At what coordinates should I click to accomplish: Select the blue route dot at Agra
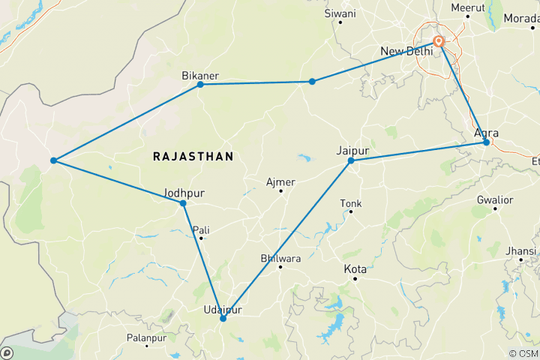point(486,142)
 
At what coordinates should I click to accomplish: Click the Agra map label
point(487,133)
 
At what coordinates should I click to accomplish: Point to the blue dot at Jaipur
point(351,160)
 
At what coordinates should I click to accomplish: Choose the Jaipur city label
point(353,150)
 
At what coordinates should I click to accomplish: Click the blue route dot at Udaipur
point(223,319)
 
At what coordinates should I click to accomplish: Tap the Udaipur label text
point(223,309)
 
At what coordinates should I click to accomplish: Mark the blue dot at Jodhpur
point(183,203)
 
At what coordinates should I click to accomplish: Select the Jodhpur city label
point(183,193)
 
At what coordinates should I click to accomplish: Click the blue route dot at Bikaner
point(200,84)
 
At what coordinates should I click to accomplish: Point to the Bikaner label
point(200,75)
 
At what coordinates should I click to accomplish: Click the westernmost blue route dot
point(53,160)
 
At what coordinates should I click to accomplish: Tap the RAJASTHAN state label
point(193,156)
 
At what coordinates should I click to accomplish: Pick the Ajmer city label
point(281,181)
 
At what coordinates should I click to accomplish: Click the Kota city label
point(355,268)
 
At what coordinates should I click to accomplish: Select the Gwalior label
point(495,199)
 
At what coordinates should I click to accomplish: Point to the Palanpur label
point(146,338)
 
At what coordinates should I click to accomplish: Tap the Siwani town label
point(340,13)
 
